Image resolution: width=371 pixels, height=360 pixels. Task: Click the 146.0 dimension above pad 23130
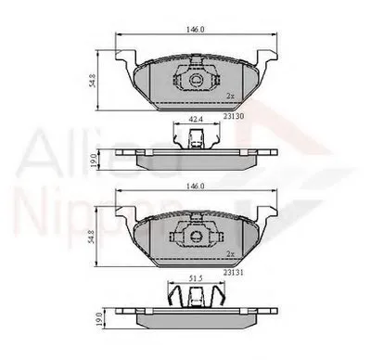pyautogui.click(x=194, y=31)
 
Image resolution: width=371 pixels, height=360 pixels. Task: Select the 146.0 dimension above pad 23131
pyautogui.click(x=194, y=186)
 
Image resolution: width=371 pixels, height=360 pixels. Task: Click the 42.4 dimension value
pyautogui.click(x=196, y=119)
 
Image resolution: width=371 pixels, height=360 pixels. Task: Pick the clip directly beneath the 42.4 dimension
pyautogui.click(x=196, y=139)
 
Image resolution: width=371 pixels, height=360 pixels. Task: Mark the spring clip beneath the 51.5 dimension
pyautogui.click(x=196, y=299)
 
